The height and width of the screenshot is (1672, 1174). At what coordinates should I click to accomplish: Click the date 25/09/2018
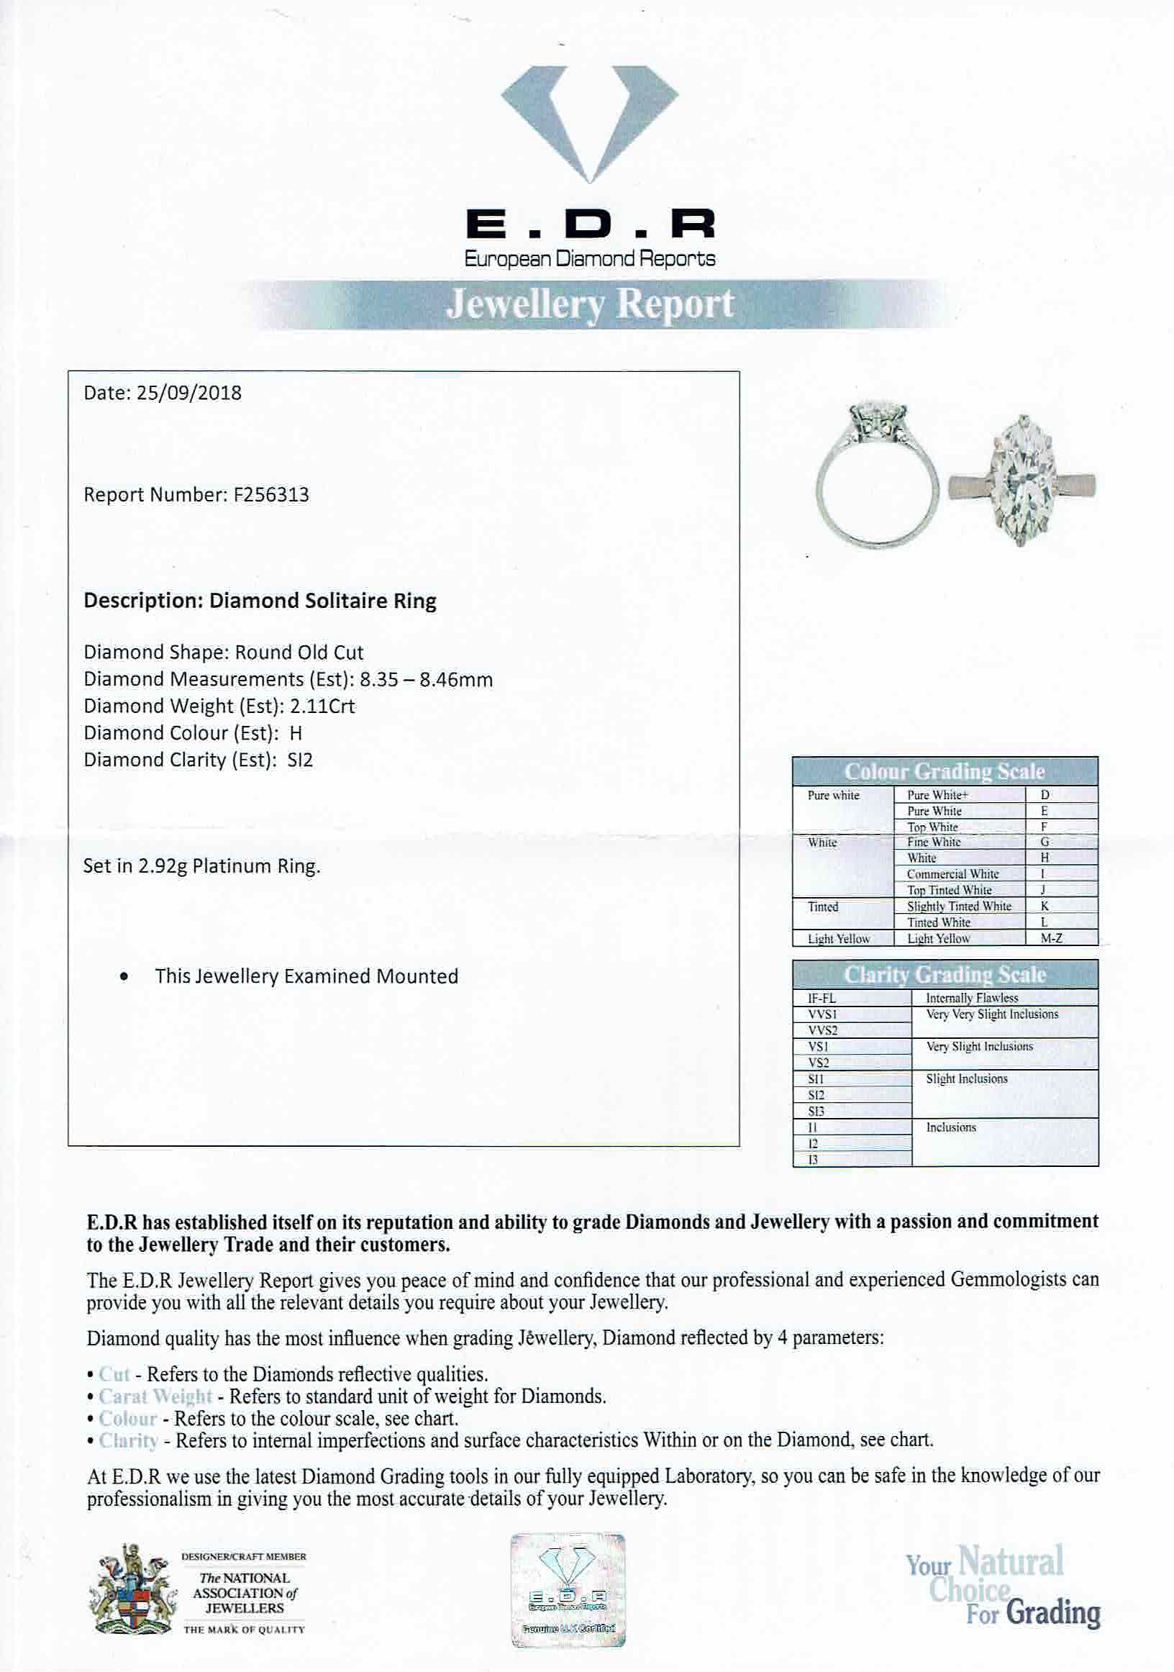tap(188, 394)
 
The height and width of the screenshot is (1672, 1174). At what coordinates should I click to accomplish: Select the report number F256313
tap(270, 495)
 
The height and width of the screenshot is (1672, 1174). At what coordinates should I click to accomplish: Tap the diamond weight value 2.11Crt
tap(322, 706)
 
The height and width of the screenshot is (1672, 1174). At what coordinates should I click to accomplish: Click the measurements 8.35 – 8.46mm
tap(426, 680)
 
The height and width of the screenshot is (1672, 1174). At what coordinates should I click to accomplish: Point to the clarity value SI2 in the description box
tap(299, 760)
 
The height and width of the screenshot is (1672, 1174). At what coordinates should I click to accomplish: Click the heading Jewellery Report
tap(589, 304)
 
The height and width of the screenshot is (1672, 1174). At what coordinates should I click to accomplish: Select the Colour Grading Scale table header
tap(945, 771)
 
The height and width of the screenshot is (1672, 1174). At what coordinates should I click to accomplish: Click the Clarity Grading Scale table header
tap(945, 974)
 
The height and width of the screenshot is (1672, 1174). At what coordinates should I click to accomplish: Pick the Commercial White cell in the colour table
tap(952, 874)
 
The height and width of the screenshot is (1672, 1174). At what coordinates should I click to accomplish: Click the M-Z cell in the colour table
tap(1051, 939)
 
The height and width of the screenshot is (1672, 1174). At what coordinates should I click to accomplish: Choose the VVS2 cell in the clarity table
tap(823, 1030)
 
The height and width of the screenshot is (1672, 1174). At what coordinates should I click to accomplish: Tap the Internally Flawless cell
tap(972, 999)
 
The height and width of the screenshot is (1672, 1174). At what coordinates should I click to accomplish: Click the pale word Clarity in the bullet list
tap(128, 1440)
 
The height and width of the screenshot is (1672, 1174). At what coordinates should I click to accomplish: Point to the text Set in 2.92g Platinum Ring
tap(201, 867)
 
